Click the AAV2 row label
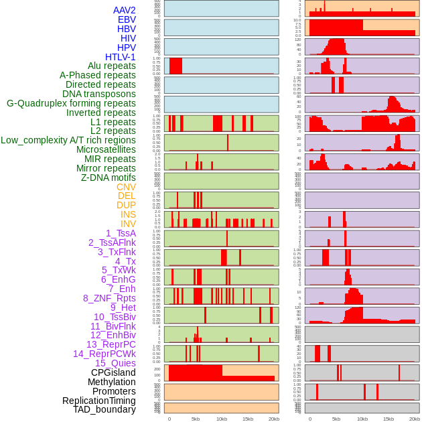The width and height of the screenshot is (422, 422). coord(124,10)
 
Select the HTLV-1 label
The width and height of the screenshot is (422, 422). coord(120,57)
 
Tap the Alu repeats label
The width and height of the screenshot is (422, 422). coord(111,66)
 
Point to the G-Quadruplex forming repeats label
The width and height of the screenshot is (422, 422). coord(71,103)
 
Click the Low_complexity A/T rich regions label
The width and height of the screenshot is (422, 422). coord(68,140)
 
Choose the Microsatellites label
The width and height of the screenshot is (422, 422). coord(106,149)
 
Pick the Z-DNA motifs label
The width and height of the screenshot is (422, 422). coord(108,178)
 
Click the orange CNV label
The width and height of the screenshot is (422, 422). coord(126,187)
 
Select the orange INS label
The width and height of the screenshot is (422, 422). coord(128,214)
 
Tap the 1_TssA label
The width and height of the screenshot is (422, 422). coord(121,233)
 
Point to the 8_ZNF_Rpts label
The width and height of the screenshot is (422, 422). coord(109,298)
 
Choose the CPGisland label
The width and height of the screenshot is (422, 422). coord(113,372)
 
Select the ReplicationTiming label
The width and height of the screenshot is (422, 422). coord(98,401)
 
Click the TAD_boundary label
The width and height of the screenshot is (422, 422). coord(104,409)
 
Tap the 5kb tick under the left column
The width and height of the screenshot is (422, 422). coord(196,419)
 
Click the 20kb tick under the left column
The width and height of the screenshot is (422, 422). coord(273,419)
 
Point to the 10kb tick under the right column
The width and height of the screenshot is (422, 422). coord(362,419)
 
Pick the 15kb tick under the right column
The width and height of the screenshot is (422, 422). coord(389,419)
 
